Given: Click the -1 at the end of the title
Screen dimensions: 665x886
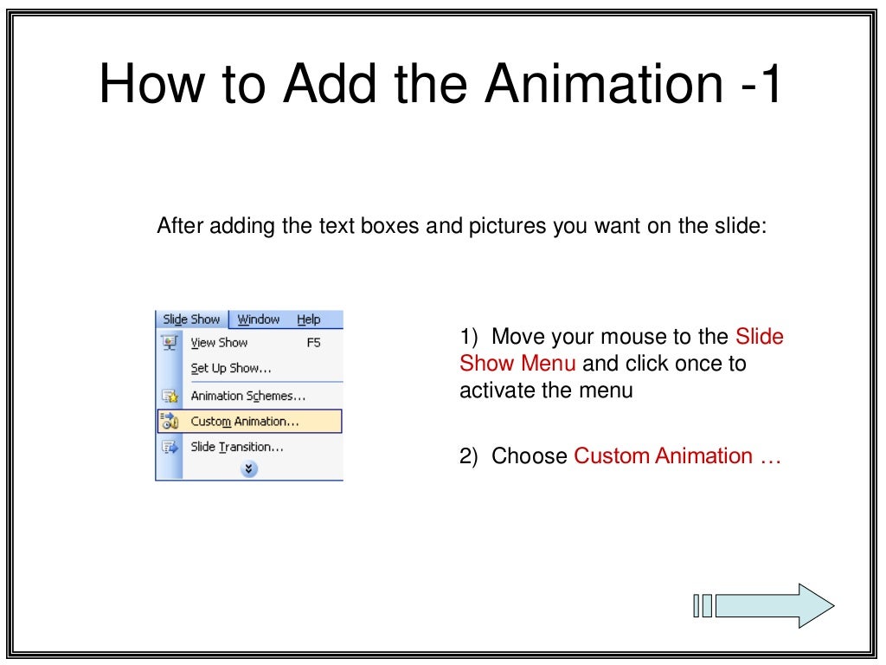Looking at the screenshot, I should [x=759, y=85].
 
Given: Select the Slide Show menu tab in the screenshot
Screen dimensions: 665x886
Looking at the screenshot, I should [x=191, y=320].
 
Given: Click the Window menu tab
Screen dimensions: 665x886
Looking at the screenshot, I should [x=259, y=320].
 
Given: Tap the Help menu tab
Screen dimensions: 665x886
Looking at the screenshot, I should [x=308, y=320].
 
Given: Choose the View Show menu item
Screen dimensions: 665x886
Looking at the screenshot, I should [x=219, y=343].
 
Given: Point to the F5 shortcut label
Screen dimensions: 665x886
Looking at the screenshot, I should [x=313, y=343].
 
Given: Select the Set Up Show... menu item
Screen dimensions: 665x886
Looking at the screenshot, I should [x=231, y=368].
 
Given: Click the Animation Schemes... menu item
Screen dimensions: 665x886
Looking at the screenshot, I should [x=248, y=396].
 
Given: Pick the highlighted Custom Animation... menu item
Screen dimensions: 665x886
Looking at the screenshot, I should [x=245, y=422].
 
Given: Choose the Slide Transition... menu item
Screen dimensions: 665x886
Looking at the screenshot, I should [x=237, y=447].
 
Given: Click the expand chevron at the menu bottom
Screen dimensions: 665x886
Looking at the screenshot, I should [x=249, y=468].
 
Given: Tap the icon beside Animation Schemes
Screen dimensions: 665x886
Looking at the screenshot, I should [x=169, y=396].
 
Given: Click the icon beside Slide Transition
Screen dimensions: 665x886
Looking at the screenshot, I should [x=169, y=448].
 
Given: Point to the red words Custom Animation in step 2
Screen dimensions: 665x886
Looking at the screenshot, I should [x=663, y=456].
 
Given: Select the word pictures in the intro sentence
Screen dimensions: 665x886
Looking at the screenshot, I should [x=512, y=227].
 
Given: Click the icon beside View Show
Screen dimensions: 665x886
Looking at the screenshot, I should [x=169, y=343].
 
